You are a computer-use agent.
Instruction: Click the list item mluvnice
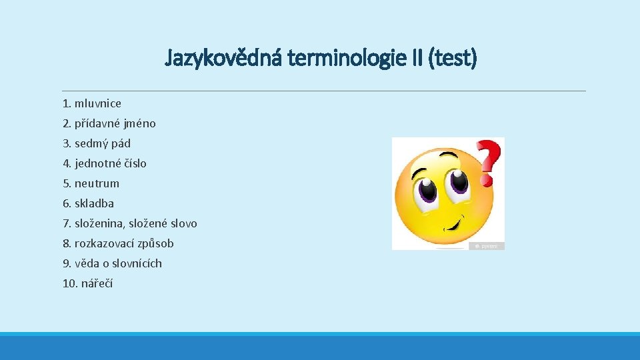point(98,103)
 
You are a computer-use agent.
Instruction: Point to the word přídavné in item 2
point(99,123)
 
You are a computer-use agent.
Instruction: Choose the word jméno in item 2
point(141,123)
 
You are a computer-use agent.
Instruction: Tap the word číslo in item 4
point(133,163)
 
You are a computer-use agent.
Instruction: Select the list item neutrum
point(97,183)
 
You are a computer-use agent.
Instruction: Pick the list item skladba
point(94,203)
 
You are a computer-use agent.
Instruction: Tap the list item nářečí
point(97,283)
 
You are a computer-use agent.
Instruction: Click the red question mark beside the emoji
point(491,161)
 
